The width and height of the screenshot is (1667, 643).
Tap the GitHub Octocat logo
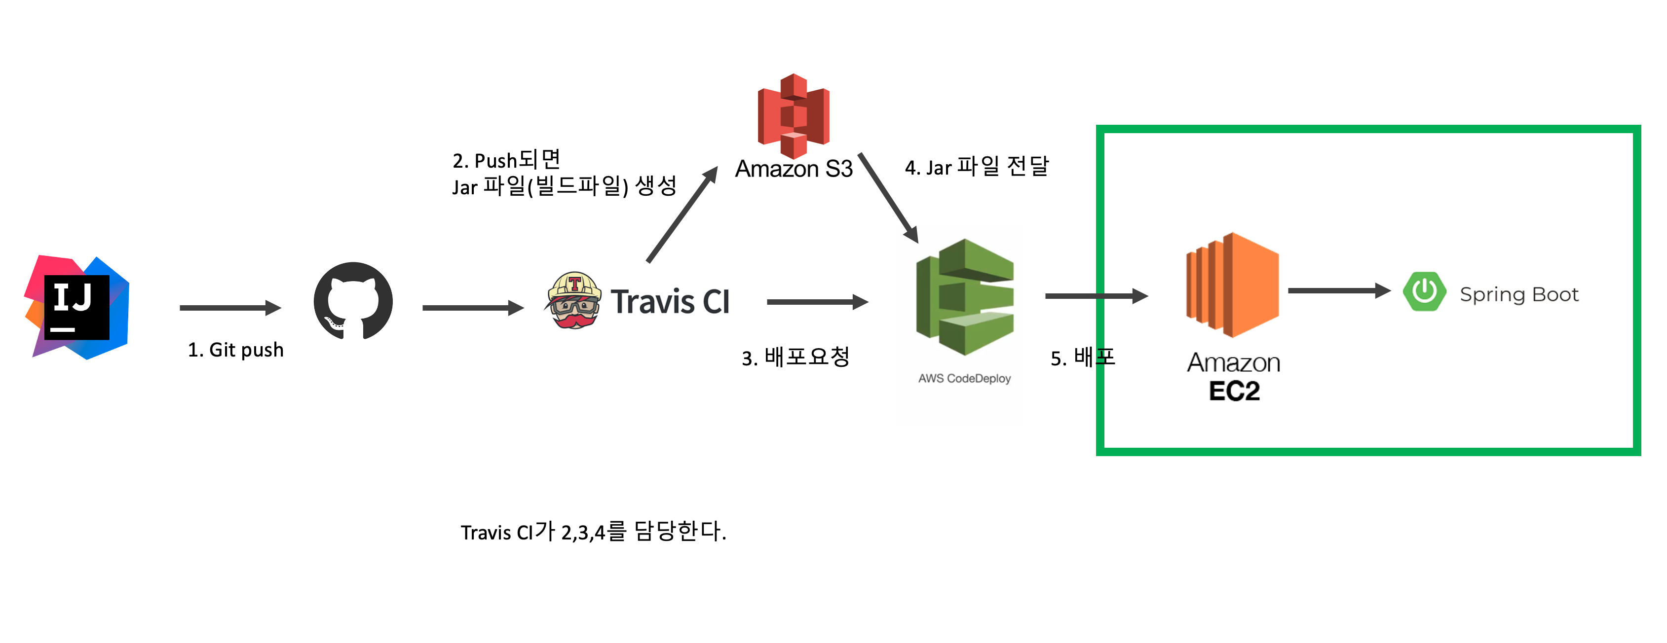[x=353, y=301]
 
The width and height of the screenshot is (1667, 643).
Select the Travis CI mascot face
[x=574, y=301]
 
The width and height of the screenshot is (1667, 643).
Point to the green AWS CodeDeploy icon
[x=965, y=297]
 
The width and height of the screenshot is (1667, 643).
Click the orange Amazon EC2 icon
[x=1232, y=285]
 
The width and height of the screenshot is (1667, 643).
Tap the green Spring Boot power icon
[x=1424, y=292]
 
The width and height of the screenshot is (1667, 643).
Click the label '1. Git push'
[x=235, y=350]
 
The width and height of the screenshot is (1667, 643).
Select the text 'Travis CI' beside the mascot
[x=671, y=302]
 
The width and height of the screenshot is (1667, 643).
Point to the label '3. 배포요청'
[x=796, y=357]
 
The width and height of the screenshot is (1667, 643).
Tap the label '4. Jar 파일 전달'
[x=977, y=167]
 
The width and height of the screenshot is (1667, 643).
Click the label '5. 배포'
[x=1083, y=357]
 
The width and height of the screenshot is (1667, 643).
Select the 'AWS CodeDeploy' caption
[x=964, y=378]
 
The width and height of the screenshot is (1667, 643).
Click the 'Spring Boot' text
[x=1519, y=295]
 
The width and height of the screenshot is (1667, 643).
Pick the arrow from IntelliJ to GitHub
[x=230, y=308]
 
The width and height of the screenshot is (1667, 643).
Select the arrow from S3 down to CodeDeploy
[x=888, y=198]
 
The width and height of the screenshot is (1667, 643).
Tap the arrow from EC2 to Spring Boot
[x=1339, y=291]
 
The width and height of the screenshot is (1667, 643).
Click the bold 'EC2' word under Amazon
[x=1234, y=392]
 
